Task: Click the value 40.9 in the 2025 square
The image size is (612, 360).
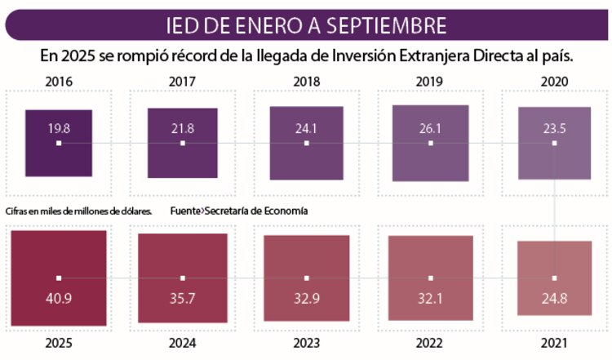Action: (x=59, y=299)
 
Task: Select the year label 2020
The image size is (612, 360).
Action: (x=554, y=82)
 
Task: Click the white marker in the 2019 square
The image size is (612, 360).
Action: (x=431, y=143)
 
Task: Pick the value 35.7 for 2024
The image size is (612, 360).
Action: (x=183, y=299)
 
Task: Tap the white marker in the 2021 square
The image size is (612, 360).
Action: (x=554, y=278)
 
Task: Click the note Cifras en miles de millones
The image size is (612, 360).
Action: (x=78, y=211)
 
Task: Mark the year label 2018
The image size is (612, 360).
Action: (x=307, y=82)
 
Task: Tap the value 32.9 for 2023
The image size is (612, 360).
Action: (x=307, y=299)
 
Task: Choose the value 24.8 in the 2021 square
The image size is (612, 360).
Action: (x=554, y=299)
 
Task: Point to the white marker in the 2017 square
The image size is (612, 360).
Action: (x=183, y=143)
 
